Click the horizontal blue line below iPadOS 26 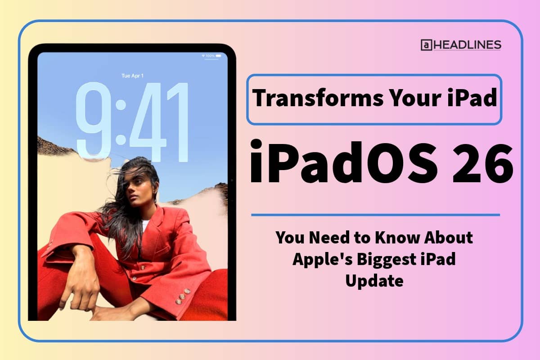click(375, 215)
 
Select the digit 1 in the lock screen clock click(180, 121)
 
